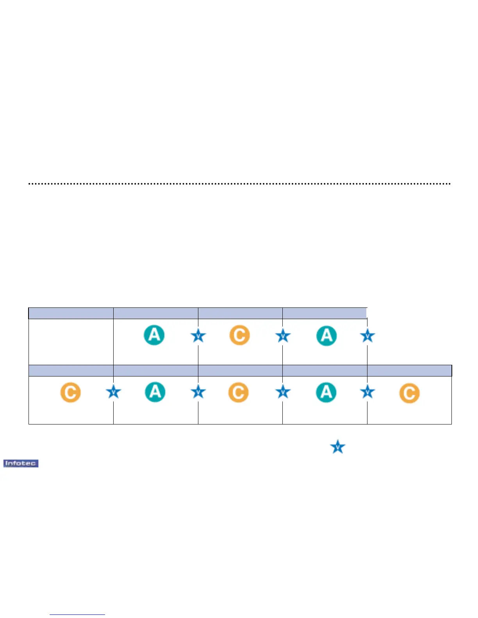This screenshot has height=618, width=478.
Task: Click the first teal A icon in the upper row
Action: coord(154,335)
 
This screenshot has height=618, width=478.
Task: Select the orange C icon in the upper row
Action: coord(239,335)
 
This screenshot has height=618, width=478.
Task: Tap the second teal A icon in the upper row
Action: coord(326,335)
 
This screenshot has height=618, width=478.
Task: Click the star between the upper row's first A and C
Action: coord(198,336)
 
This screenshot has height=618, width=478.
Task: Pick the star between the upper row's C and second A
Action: coord(283,336)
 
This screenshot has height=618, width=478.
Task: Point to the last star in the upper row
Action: coord(367,336)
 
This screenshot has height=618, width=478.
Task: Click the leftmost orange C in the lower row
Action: coord(70,392)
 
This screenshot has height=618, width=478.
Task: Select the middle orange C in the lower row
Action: coord(238,392)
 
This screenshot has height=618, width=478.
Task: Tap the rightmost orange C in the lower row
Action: coord(409,393)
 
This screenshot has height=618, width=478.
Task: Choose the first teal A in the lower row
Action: coord(155,392)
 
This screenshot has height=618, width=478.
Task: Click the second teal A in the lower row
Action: coord(326,392)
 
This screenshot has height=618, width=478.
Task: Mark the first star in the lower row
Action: coord(114,392)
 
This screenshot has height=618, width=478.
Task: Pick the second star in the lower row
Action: coord(198,392)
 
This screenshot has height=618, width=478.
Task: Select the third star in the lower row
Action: coord(283,392)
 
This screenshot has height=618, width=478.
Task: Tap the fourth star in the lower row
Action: coord(367,392)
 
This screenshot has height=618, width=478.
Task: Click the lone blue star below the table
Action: coord(338,447)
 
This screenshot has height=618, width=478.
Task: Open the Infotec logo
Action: coord(21,463)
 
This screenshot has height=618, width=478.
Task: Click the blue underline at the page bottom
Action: coord(77,614)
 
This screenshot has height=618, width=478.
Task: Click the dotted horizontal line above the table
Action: coord(239,183)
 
